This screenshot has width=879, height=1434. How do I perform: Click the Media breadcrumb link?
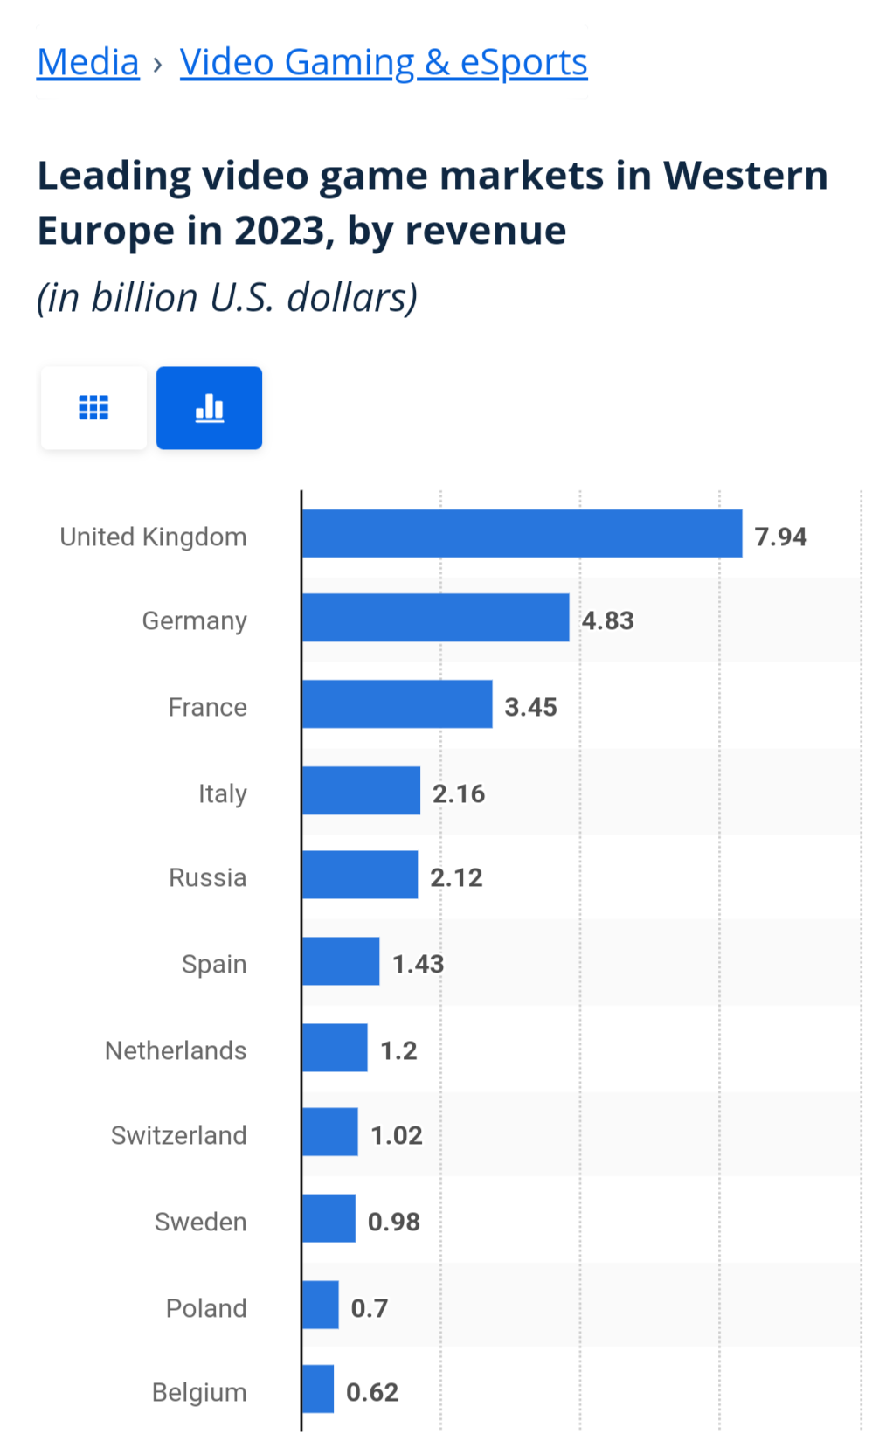[x=88, y=63]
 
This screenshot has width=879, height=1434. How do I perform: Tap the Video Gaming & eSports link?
[x=384, y=63]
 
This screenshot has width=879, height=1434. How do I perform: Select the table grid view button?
[x=93, y=407]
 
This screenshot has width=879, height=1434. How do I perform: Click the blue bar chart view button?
[x=209, y=407]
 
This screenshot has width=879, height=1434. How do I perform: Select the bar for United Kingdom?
[x=522, y=534]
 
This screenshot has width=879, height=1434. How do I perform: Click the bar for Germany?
[x=435, y=618]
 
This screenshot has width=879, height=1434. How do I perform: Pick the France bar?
[x=397, y=704]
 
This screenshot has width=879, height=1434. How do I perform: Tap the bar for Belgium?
[x=318, y=1389]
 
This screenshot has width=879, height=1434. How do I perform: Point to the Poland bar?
[x=321, y=1305]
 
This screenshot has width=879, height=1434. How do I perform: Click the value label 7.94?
[x=780, y=537]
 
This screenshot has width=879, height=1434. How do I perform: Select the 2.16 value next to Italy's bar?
[x=459, y=793]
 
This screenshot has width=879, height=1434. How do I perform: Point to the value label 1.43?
[x=418, y=964]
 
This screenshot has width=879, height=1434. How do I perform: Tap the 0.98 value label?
[x=393, y=1222]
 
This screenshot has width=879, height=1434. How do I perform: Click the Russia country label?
[x=207, y=877]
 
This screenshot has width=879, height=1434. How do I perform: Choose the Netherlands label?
[x=176, y=1050]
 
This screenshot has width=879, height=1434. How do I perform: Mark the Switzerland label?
[x=178, y=1135]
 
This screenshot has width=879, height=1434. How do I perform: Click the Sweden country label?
[x=200, y=1222]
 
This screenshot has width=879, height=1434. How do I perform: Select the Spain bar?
[x=341, y=961]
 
